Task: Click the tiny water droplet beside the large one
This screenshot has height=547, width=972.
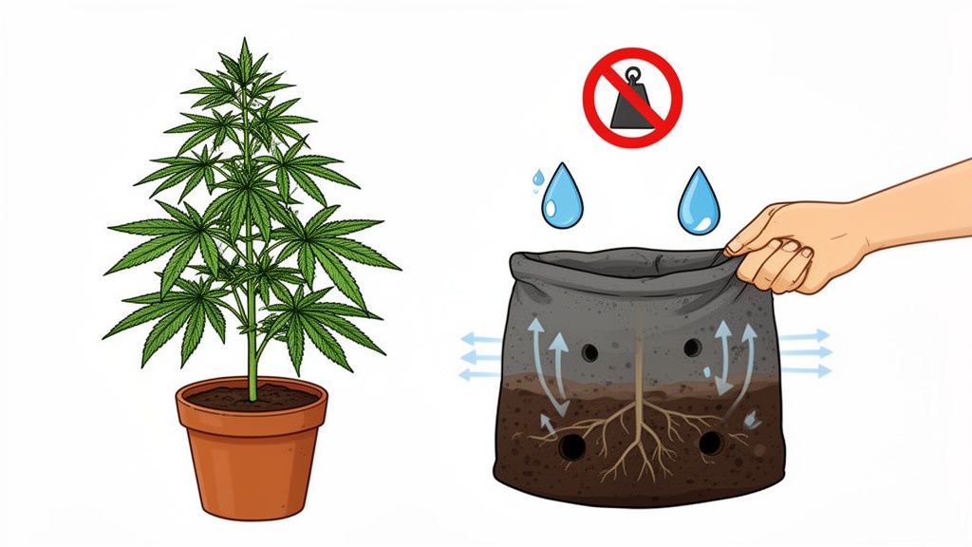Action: point(538,177)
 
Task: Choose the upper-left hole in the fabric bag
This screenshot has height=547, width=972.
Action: point(589,352)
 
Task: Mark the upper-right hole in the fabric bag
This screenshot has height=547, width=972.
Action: point(692,347)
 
